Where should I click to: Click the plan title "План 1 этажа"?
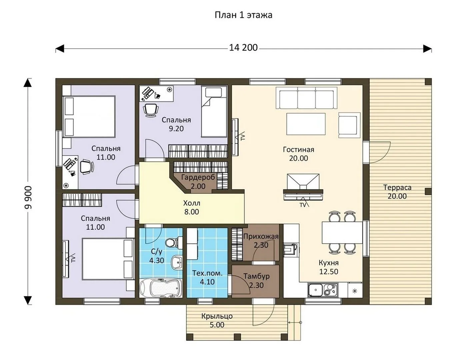pyautogui.click(x=243, y=15)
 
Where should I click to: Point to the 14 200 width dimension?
pyautogui.click(x=243, y=48)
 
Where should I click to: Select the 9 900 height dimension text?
pyautogui.click(x=28, y=198)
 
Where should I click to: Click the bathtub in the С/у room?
pyautogui.click(x=161, y=288)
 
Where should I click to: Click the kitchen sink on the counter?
pyautogui.click(x=315, y=290)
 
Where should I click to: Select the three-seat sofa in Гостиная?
pyautogui.click(x=306, y=98)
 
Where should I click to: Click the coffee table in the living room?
pyautogui.click(x=306, y=124)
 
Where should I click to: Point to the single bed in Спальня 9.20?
pyautogui.click(x=214, y=112)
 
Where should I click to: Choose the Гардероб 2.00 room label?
pyautogui.click(x=198, y=182)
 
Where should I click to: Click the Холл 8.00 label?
pyautogui.click(x=192, y=207)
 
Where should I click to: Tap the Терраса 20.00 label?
pyautogui.click(x=397, y=192)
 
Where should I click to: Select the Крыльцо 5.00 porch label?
pyautogui.click(x=217, y=320)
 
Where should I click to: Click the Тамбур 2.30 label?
pyautogui.click(x=256, y=281)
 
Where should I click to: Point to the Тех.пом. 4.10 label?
pyautogui.click(x=207, y=277)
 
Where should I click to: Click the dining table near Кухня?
pyautogui.click(x=342, y=232)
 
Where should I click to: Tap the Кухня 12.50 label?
pyautogui.click(x=329, y=267)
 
